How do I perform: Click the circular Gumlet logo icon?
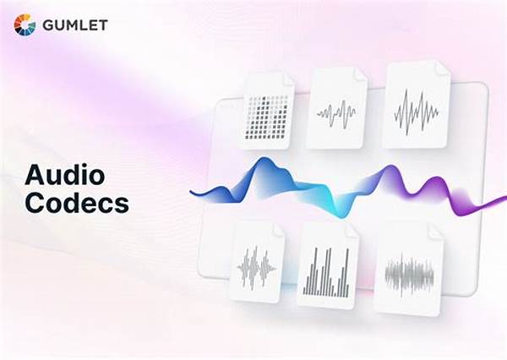point(24,25)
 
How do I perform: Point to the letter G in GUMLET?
point(47,25)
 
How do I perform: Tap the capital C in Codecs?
point(34,204)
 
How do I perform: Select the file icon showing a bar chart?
point(327,267)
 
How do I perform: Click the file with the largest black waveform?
point(416,106)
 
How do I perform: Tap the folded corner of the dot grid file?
point(287,79)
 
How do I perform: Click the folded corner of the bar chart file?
point(351,230)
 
